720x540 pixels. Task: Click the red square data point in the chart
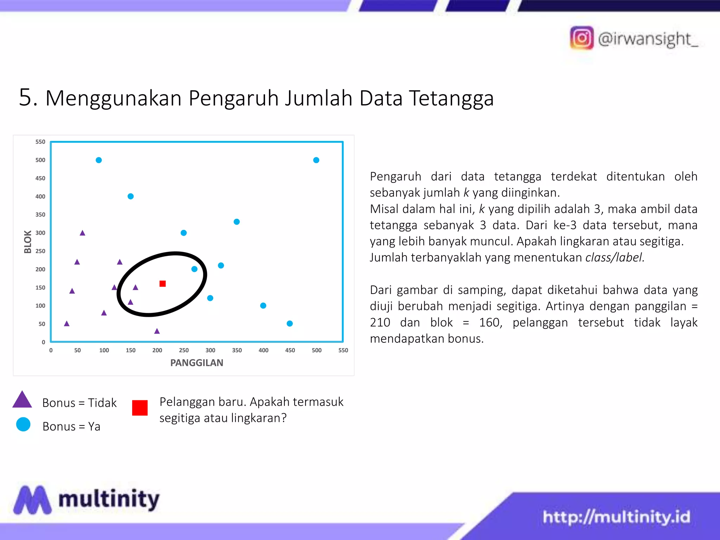point(162,284)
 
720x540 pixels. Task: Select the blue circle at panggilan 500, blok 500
point(316,160)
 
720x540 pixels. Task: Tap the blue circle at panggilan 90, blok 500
point(99,160)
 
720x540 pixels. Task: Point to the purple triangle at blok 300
point(82,233)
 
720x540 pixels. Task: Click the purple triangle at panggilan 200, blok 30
point(157,331)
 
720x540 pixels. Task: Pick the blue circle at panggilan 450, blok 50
point(290,323)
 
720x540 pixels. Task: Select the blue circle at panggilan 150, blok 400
point(130,196)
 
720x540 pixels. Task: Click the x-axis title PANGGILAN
point(197,363)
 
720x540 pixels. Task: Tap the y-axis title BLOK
point(27,242)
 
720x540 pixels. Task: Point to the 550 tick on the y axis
point(40,142)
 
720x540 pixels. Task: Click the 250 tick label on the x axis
point(184,350)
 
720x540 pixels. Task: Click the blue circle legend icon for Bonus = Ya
point(23,424)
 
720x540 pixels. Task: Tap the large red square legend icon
point(140,408)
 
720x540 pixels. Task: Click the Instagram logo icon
point(581,38)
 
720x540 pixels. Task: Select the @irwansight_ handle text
point(648,39)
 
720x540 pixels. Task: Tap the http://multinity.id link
point(616,517)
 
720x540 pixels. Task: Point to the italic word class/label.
point(615,257)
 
